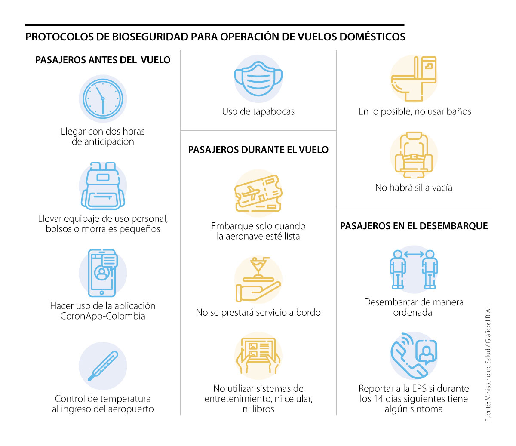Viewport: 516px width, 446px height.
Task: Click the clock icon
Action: coord(103,98)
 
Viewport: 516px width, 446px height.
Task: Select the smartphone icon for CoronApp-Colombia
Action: coord(102,273)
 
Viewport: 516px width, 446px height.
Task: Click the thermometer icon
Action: coord(103,366)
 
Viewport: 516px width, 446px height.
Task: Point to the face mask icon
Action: coord(258,78)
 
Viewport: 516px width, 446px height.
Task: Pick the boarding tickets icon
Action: coord(258,193)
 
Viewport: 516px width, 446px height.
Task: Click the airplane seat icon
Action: coord(414,155)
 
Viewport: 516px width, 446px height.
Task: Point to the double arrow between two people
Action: coord(414,254)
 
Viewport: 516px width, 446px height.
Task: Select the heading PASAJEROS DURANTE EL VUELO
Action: coord(258,150)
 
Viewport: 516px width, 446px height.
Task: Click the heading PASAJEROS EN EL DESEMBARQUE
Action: coord(414,226)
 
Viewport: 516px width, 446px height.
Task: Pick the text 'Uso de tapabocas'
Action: coord(258,111)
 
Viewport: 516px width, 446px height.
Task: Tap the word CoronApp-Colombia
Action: coord(103,316)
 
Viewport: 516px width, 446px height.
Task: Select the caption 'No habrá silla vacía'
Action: coord(414,188)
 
